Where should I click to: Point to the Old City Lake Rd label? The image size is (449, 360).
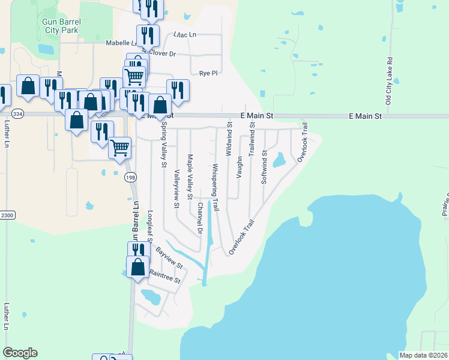pyautogui.click(x=389, y=82)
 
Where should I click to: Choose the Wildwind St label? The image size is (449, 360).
pyautogui.click(x=229, y=140)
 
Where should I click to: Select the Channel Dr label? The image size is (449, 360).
pyautogui.click(x=200, y=218)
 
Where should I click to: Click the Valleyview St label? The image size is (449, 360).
pyautogui.click(x=176, y=188)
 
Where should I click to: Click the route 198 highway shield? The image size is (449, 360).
pyautogui.click(x=130, y=177)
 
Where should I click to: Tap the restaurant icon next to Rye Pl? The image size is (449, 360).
pyautogui.click(x=178, y=90)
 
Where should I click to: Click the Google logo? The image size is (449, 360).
pyautogui.click(x=20, y=353)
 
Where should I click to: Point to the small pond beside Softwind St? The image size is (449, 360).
pyautogui.click(x=279, y=160)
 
